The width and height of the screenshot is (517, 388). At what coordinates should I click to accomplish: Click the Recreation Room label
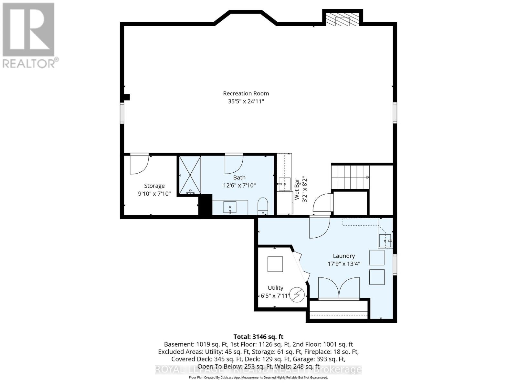pyautogui.click(x=246, y=93)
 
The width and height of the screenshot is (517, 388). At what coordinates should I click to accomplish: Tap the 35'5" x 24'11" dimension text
pyautogui.click(x=246, y=102)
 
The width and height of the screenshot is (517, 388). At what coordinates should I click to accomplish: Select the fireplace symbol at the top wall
pyautogui.click(x=342, y=20)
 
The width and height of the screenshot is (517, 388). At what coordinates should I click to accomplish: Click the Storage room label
pyautogui.click(x=154, y=186)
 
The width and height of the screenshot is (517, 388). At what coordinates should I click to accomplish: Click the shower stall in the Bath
pyautogui.click(x=190, y=175)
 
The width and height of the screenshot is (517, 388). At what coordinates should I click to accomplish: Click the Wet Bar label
pyautogui.click(x=297, y=189)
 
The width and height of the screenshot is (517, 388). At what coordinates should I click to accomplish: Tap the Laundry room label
pyautogui.click(x=344, y=256)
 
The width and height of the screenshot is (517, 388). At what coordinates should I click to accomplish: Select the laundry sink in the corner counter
pyautogui.click(x=385, y=241)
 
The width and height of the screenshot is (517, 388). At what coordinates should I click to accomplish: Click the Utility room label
pyautogui.click(x=275, y=288)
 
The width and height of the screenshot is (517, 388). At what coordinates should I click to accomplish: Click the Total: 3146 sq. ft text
pyautogui.click(x=258, y=337)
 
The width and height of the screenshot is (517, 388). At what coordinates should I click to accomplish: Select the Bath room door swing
pyautogui.click(x=233, y=164)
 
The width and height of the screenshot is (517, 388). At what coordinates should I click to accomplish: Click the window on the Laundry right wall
pyautogui.click(x=395, y=264)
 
